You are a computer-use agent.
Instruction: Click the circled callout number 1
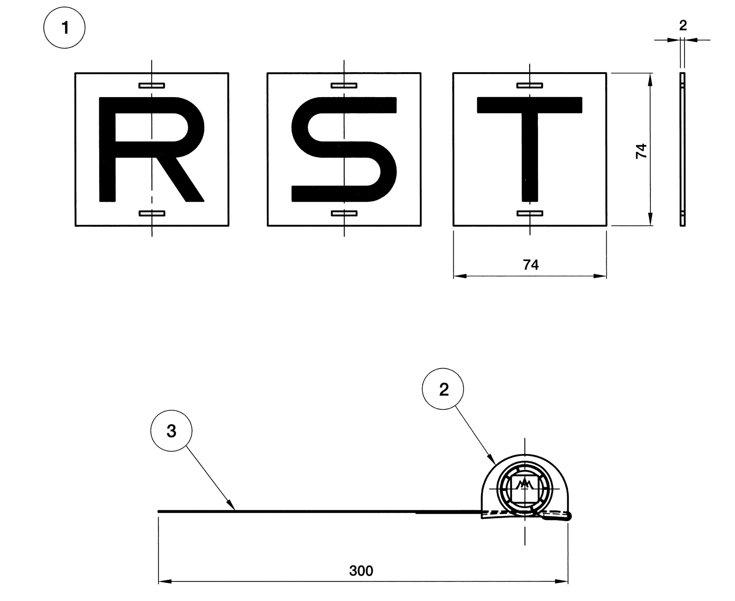coord(64,28)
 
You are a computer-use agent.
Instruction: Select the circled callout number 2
coord(443,389)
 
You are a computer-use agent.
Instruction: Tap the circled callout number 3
coord(171,431)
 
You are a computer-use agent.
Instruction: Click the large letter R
coord(152,149)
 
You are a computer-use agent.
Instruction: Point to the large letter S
coord(344,149)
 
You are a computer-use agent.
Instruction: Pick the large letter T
coord(529,149)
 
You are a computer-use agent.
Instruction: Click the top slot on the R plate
coord(152,86)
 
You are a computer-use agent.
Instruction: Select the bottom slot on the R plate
coord(152,213)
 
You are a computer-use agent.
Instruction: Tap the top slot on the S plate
coord(344,86)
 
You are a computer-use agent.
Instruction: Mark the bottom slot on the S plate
coord(344,213)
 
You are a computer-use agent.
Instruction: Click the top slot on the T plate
coord(529,86)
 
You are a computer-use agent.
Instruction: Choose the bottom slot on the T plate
coord(530,213)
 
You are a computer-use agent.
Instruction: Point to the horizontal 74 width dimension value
coord(531,265)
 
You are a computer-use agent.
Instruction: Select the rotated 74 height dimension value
coord(641,151)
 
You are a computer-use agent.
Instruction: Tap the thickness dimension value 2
coord(683,25)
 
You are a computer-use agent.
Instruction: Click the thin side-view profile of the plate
coord(682,149)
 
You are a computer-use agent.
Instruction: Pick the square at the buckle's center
coord(525,489)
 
